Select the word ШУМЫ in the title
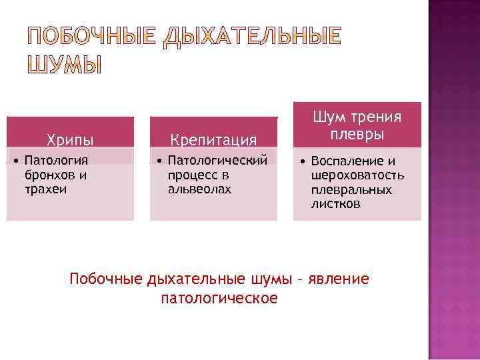pyautogui.click(x=65, y=65)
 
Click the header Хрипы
pyautogui.click(x=70, y=139)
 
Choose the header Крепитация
pyautogui.click(x=213, y=139)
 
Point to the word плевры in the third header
pyautogui.click(x=357, y=134)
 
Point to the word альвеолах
pyautogui.click(x=200, y=189)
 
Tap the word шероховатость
pyautogui.click(x=358, y=175)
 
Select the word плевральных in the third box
pyautogui.click(x=351, y=190)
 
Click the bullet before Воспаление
pyautogui.click(x=303, y=161)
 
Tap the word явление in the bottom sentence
pyautogui.click(x=341, y=278)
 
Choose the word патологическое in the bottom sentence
pyautogui.click(x=219, y=297)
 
